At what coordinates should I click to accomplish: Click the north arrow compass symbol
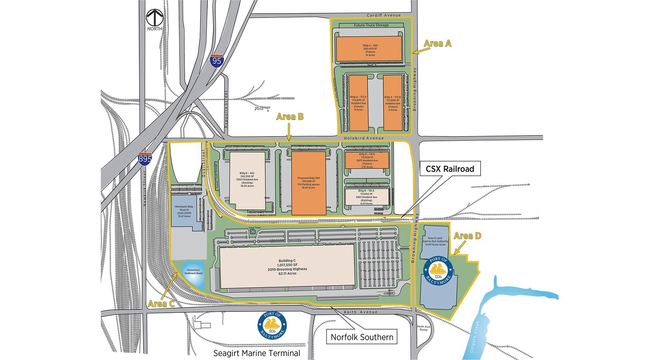[154, 18]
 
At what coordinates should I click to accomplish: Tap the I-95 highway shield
[217, 61]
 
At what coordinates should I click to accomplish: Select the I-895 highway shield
[145, 159]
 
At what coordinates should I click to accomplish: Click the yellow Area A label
[437, 44]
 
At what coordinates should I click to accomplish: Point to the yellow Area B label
[290, 117]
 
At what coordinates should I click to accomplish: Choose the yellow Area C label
[161, 304]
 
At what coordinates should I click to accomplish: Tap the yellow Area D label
[467, 236]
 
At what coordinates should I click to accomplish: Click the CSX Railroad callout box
[450, 169]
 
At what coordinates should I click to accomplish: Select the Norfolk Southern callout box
[362, 337]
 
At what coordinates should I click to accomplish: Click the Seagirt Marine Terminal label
[257, 353]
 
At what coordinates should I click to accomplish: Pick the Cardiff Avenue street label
[383, 15]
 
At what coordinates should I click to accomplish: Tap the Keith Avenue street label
[361, 312]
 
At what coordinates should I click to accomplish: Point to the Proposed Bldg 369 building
[308, 183]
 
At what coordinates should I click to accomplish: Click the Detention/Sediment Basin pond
[194, 275]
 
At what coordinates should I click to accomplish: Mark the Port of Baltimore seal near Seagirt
[272, 326]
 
